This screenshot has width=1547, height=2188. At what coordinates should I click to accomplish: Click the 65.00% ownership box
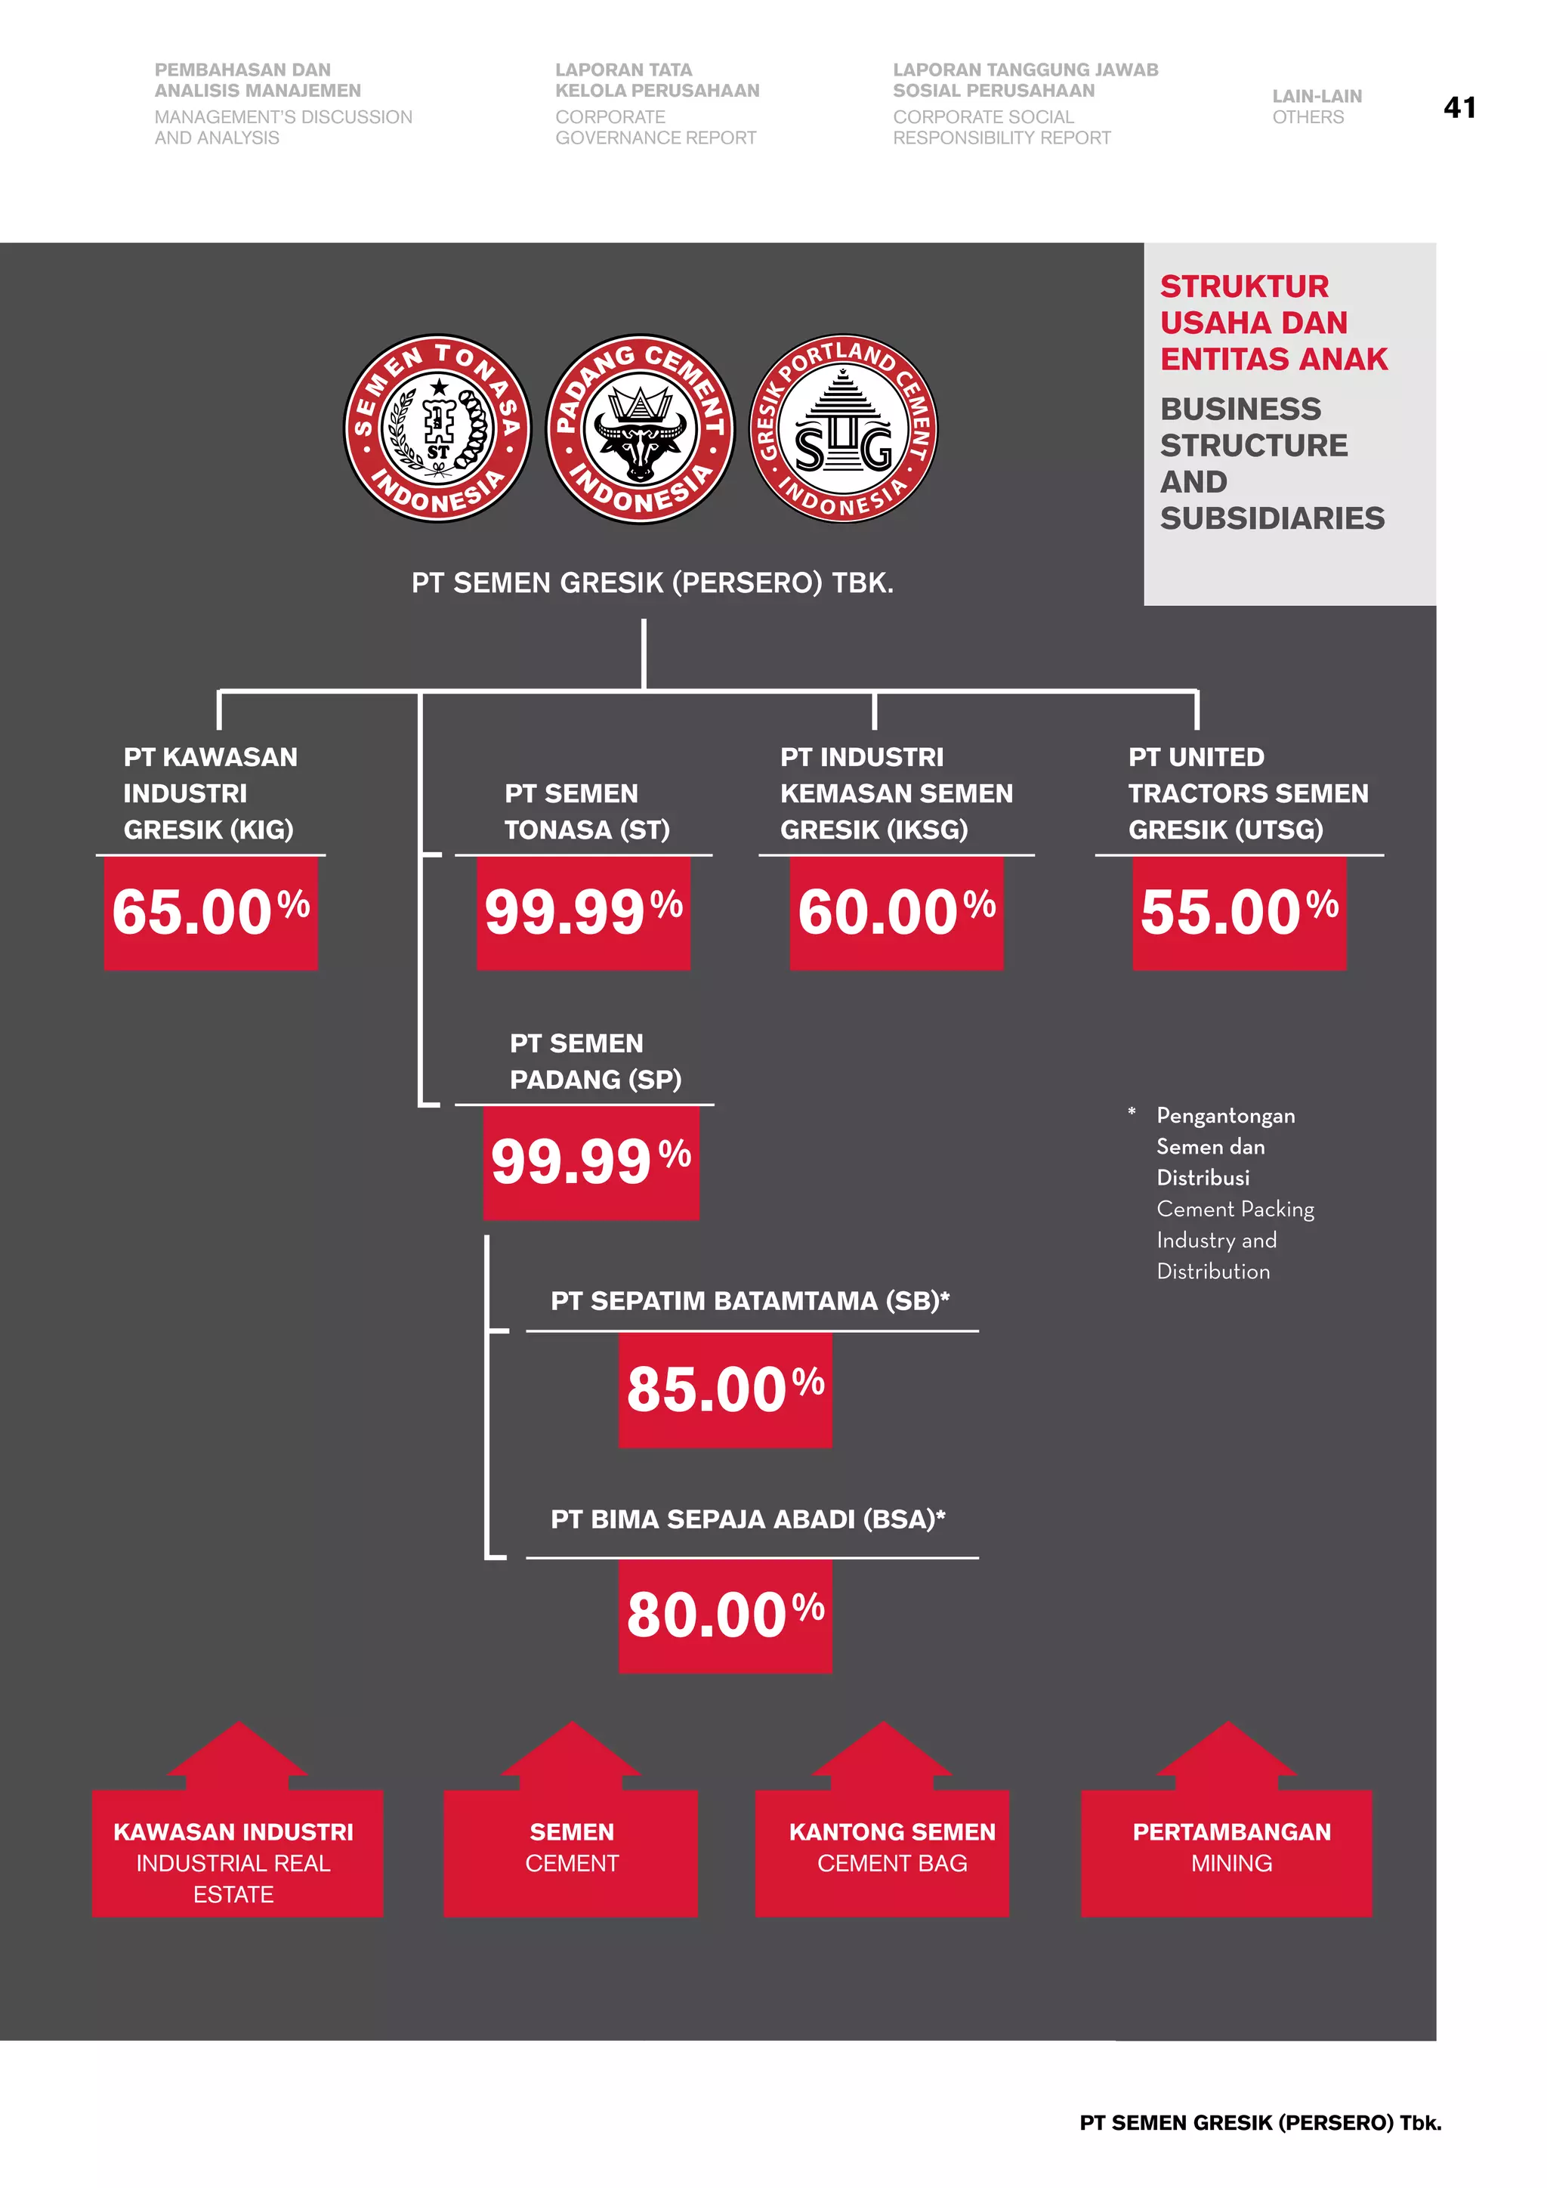point(211,912)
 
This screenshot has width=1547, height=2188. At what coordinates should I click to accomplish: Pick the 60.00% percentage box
point(897,912)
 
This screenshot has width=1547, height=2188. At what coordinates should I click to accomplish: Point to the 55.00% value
point(1240,912)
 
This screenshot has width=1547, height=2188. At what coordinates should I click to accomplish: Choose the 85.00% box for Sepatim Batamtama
point(725,1389)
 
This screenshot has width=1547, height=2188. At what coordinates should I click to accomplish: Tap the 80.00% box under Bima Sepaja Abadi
point(725,1615)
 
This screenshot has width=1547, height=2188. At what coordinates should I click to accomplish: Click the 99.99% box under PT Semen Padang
point(591,1162)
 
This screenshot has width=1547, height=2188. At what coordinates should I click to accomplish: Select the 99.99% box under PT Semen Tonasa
point(583,912)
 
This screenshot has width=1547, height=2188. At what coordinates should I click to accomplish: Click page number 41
point(1459,108)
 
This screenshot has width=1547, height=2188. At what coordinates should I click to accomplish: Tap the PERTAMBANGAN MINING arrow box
point(1227,1849)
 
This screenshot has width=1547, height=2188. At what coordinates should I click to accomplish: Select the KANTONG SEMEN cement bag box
point(882,1849)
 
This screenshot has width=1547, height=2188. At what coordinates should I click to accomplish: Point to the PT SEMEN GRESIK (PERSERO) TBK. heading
point(653,583)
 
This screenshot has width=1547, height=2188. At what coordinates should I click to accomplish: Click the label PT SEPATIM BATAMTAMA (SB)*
point(749,1301)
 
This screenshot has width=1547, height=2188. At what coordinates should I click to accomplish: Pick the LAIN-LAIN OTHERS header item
point(1317,107)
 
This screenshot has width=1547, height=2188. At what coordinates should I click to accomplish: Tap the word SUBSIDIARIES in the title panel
point(1272,518)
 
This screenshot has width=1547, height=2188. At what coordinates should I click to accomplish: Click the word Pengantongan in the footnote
point(1225,1116)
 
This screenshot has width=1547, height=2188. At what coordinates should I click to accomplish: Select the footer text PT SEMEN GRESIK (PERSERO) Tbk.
point(1260,2122)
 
